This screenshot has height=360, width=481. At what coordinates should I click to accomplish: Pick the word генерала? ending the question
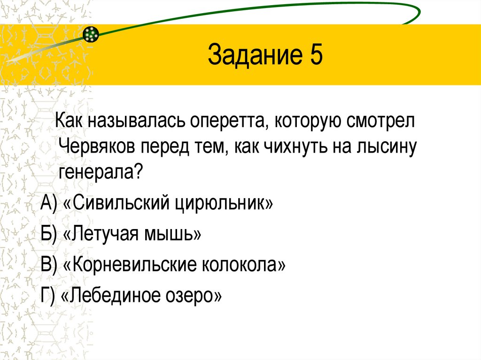coord(101,173)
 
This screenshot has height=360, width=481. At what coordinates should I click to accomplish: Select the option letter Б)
coord(48,234)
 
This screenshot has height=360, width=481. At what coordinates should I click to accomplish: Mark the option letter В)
coord(48,265)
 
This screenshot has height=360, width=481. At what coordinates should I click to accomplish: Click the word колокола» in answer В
coord(243,265)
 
